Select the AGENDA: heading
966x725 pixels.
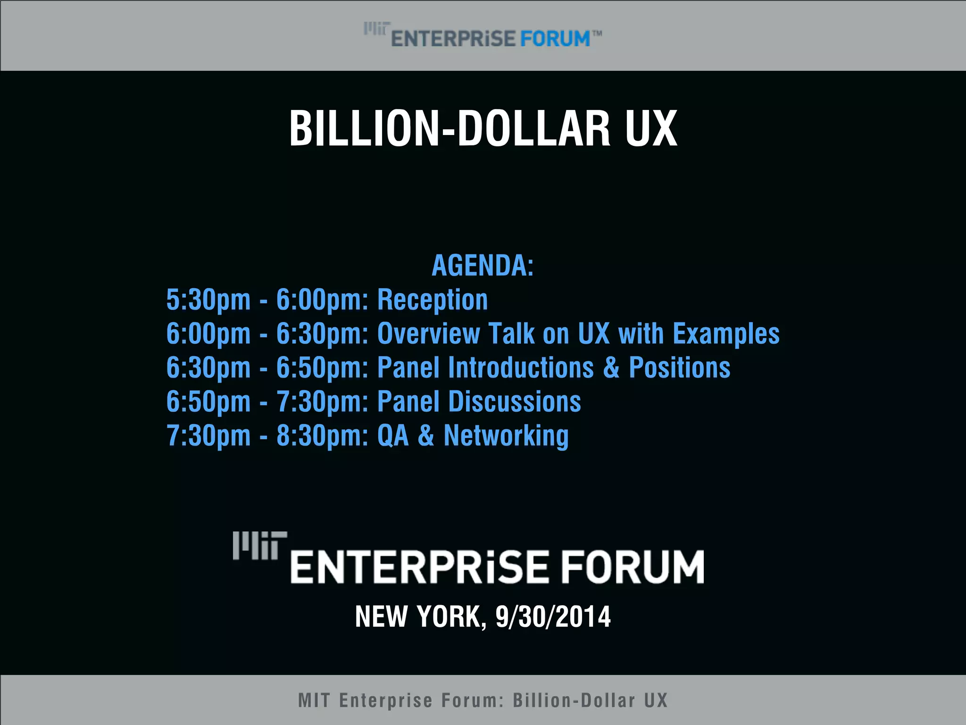[483, 265]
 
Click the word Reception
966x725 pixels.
[433, 300]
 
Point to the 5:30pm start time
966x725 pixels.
[208, 300]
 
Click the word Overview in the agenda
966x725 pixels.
[428, 334]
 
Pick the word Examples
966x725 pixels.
[726, 334]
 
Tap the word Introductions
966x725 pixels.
[521, 368]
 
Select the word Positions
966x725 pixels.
[680, 368]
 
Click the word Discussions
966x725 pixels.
[515, 402]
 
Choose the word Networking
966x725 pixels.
[506, 436]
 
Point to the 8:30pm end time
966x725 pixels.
[322, 436]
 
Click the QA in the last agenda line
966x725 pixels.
[393, 436]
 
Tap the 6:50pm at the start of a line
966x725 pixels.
[208, 402]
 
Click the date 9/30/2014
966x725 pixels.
[553, 616]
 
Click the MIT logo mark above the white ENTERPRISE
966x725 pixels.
[260, 546]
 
